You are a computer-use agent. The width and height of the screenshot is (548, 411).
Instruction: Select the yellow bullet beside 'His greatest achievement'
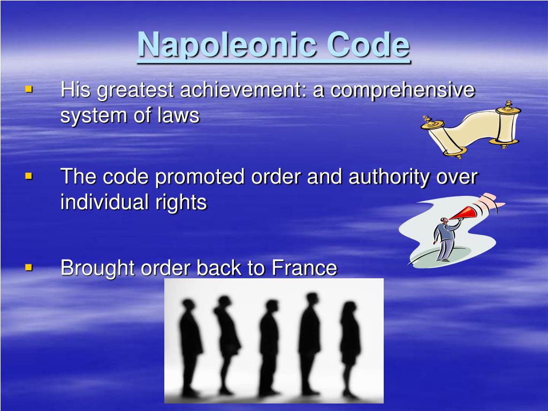point(29,89)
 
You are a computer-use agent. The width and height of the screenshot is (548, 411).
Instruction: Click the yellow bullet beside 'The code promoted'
point(29,176)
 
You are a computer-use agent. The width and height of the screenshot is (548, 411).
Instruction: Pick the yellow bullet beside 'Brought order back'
point(29,266)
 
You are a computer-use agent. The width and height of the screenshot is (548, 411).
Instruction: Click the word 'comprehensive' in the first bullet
point(402,90)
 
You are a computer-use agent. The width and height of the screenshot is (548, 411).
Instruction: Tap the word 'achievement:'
point(243,90)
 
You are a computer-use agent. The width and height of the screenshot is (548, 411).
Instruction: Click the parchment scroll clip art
point(471,128)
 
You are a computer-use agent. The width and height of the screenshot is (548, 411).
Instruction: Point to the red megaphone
point(464,212)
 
